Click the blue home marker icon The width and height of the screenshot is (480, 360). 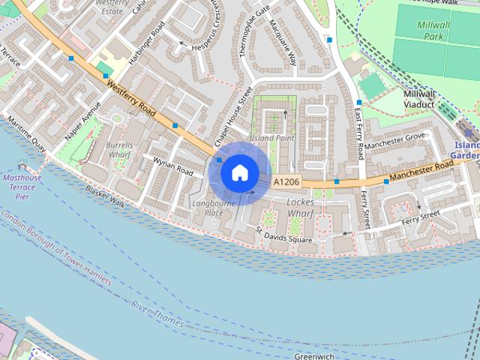239,172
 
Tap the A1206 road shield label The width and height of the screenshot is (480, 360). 286,182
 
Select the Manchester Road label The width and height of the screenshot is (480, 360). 419,171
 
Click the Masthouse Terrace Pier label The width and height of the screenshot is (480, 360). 22,187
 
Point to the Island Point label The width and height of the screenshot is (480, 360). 272,138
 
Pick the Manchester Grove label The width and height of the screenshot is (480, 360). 396,139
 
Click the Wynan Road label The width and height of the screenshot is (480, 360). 172,166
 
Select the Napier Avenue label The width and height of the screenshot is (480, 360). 82,120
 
